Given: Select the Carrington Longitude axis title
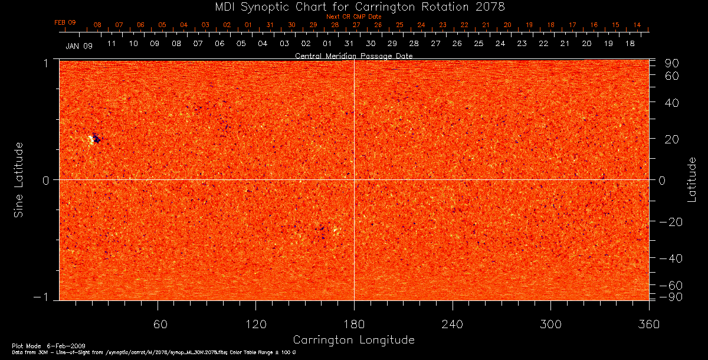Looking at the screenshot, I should point(353,340).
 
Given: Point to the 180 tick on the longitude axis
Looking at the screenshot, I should point(354,324).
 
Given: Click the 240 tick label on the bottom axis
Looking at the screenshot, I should point(453,324).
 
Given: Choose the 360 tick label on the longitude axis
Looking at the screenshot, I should point(648,324).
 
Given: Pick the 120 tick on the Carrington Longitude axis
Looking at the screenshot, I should point(255,324).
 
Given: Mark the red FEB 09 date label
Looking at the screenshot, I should point(65,22).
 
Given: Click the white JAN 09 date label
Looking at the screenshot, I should point(79,46).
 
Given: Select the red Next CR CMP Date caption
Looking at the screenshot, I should point(353,17).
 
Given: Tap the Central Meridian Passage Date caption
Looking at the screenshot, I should point(353,55).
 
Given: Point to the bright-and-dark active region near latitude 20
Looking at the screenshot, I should point(94,139).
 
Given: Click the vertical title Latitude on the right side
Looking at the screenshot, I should point(691,179).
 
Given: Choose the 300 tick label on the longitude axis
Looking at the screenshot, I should point(550,324).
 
